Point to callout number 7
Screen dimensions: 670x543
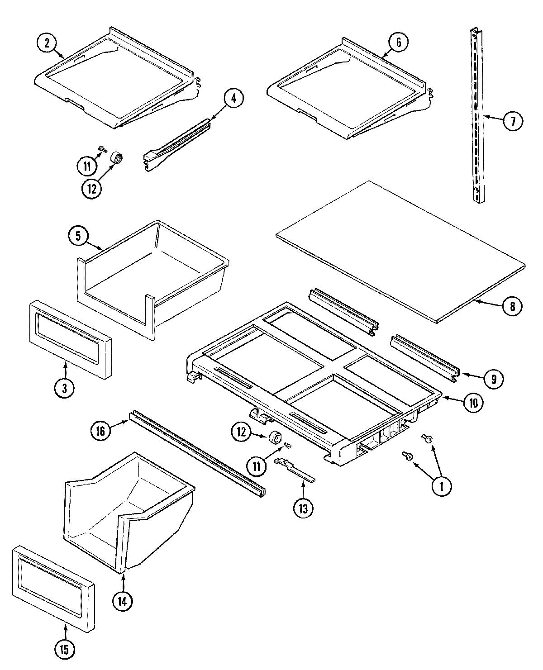513,121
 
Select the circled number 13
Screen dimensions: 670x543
303,508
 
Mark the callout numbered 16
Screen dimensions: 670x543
100,431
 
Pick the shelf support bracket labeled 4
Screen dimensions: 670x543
176,145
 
